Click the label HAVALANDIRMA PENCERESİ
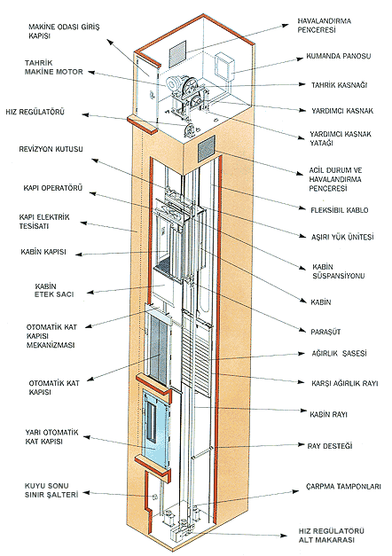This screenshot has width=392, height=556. (x=324, y=25)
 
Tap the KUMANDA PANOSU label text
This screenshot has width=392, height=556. (x=339, y=56)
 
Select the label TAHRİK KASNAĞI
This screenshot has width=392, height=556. (x=339, y=85)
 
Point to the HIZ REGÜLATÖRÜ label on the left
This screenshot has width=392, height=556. (x=35, y=112)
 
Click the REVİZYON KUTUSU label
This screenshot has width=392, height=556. (x=51, y=149)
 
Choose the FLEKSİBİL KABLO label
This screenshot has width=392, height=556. (x=339, y=210)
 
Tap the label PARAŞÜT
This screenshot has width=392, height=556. (x=325, y=332)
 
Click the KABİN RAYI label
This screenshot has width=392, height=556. (x=328, y=414)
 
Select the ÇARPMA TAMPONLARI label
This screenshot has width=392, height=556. (x=343, y=486)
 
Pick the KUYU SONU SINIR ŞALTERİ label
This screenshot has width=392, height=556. (x=51, y=490)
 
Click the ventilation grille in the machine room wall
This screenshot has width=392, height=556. (x=177, y=53)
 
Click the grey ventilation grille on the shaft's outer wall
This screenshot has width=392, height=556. (x=207, y=147)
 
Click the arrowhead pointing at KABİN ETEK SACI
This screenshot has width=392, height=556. (x=90, y=293)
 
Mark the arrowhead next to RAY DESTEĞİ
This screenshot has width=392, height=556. (x=302, y=444)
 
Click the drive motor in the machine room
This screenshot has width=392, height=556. (x=175, y=83)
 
